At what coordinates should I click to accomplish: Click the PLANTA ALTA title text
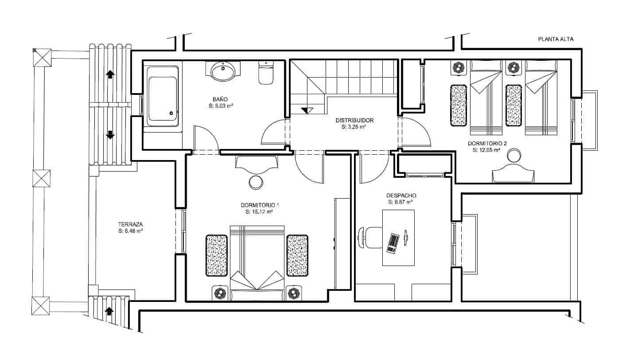click(556, 39)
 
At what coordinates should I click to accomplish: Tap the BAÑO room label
click(220, 99)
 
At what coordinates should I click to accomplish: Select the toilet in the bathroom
click(266, 72)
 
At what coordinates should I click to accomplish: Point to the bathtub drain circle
click(171, 113)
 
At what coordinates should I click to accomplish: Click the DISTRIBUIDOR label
click(354, 121)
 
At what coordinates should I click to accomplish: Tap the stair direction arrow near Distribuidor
click(307, 110)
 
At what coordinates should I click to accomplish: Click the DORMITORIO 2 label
click(487, 144)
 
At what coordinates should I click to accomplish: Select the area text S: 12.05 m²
click(486, 150)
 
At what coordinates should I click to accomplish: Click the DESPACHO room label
click(401, 196)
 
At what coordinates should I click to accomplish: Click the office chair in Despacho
click(370, 238)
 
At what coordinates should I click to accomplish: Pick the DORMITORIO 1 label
click(260, 205)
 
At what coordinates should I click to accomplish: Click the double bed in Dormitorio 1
click(257, 263)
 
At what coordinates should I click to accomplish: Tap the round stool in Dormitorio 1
click(256, 182)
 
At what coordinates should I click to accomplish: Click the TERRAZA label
click(130, 225)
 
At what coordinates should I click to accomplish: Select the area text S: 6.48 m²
click(130, 231)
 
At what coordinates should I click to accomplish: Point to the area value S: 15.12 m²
click(259, 212)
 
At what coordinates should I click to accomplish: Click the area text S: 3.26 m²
click(354, 127)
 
